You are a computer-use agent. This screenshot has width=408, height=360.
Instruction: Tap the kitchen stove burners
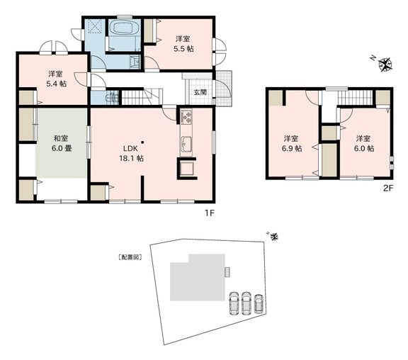click(186, 117)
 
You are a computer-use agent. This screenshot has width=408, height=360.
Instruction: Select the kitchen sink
click(186, 144)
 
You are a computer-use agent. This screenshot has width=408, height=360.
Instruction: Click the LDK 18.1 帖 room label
click(132, 154)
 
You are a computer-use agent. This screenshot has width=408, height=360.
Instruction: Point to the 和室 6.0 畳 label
click(62, 143)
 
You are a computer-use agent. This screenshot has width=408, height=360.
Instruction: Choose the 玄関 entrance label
click(200, 92)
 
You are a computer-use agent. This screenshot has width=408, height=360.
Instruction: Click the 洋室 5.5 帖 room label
click(183, 44)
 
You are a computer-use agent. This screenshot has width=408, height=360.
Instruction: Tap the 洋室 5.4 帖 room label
click(56, 79)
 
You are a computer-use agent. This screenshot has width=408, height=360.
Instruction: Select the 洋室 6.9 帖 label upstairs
click(292, 143)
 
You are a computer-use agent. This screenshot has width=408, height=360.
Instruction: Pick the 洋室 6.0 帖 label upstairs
click(364, 143)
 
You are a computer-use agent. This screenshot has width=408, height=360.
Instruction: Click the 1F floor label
click(209, 213)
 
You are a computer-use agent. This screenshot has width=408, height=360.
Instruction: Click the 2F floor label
click(387, 188)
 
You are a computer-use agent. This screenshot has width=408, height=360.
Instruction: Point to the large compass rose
click(385, 64)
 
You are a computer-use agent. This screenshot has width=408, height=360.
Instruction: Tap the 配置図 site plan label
click(130, 257)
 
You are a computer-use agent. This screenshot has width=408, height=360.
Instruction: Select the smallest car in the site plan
click(259, 304)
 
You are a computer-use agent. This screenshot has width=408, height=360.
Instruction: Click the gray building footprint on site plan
click(198, 278)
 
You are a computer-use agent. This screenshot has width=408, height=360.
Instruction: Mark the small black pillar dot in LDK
click(142, 142)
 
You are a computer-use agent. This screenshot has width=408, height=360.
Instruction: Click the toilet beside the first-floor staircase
click(111, 98)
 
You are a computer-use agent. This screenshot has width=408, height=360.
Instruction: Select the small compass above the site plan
click(273, 237)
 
